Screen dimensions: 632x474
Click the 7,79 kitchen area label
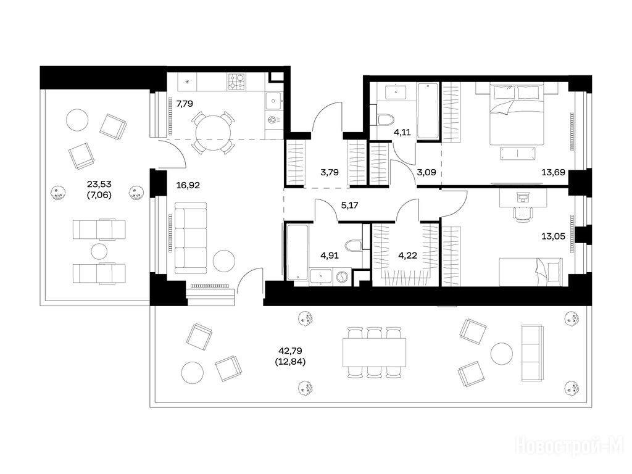(185, 104)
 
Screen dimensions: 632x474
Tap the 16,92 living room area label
(188, 185)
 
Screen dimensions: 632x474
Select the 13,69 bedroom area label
(553, 173)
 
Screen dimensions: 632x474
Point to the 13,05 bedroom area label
(553, 236)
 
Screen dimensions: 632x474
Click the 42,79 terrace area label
(290, 351)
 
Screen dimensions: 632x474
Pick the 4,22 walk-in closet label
(407, 255)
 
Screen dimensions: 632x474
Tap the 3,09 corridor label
(426, 173)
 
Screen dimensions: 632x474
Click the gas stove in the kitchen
(236, 81)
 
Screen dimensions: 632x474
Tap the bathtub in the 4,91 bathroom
(297, 252)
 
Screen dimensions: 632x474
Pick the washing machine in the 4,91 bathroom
(341, 277)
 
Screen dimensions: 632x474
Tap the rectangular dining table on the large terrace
(375, 352)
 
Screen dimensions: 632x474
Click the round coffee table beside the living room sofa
(224, 261)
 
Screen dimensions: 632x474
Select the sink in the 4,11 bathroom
(396, 91)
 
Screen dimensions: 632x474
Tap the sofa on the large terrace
(532, 352)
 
